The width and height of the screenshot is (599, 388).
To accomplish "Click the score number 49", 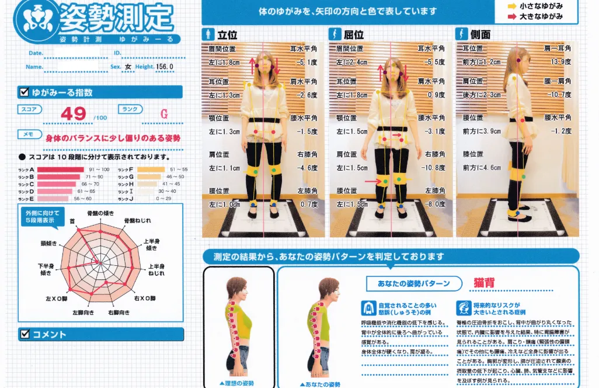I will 74,114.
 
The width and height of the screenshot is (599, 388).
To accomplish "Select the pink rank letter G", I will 164,114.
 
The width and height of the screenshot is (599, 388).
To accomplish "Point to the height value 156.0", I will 164,67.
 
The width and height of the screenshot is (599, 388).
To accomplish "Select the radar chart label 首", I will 72,221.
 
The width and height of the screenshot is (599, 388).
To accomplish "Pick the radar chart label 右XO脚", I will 145,299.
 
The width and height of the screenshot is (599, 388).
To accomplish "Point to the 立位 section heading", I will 227,34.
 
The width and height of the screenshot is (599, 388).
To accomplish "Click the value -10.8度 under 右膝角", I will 433,168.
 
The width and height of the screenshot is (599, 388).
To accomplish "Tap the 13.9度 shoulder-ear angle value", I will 560,61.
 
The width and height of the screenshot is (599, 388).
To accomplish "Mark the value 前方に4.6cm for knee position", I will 482,168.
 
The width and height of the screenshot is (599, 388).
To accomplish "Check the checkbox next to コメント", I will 25,334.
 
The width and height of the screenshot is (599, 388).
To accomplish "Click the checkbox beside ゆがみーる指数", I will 25,92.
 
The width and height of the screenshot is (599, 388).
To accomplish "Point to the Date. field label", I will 36,53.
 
